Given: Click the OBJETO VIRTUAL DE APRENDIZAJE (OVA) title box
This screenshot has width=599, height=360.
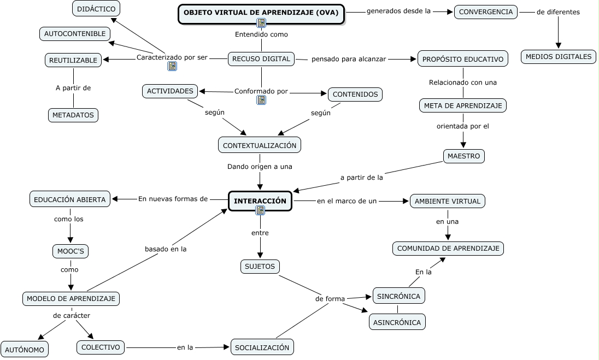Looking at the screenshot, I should tap(261, 12).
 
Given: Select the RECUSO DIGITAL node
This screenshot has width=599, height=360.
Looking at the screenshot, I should tap(261, 59).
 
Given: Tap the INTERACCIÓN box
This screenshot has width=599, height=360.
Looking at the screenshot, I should tap(260, 201).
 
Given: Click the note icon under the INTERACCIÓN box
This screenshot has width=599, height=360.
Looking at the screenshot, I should tap(260, 210).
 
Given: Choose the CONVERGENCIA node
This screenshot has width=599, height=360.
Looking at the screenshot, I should tap(486, 12).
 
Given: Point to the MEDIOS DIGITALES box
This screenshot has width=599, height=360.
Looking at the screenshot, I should tap(558, 56).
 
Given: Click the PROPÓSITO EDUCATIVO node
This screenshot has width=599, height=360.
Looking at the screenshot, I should tap(463, 59).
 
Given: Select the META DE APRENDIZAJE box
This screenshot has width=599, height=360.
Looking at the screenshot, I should tap(463, 105).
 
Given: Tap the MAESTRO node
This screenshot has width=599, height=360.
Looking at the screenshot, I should tap(463, 156).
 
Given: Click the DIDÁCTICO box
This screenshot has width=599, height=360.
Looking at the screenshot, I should tap(96, 9).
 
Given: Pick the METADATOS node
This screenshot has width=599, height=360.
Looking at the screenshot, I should tap(73, 115).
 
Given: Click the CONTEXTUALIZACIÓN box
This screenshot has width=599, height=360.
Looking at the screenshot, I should tap(260, 145).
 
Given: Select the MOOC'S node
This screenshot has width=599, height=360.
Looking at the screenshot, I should tap(70, 251).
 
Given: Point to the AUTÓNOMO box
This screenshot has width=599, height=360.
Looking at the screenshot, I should tap(25, 350).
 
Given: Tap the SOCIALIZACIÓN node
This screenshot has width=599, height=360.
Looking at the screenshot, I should tap(262, 347).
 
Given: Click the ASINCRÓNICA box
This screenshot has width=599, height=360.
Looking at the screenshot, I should tap(397, 322).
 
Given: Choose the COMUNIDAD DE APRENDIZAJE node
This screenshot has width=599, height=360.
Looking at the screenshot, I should tap(448, 249).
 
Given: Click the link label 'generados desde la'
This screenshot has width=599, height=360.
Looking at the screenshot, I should tap(398, 11).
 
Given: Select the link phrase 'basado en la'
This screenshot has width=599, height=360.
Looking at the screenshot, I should tap(166, 249).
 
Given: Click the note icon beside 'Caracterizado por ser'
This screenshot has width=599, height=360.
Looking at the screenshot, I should tap(172, 66).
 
